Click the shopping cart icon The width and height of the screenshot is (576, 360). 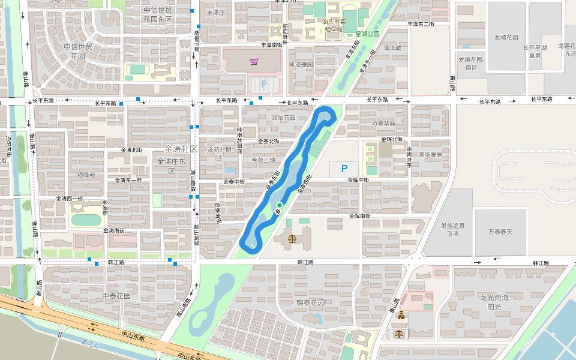click(254, 62)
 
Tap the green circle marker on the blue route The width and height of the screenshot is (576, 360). click(280, 205)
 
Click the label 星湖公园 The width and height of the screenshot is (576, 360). click(368, 34)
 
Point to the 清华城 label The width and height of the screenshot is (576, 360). click(391, 48)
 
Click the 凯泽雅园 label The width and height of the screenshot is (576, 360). click(301, 64)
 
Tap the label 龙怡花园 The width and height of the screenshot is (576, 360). click(283, 118)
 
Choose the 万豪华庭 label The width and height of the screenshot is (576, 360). click(384, 123)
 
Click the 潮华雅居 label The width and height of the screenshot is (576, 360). click(430, 154)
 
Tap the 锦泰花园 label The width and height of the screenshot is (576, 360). click(310, 302)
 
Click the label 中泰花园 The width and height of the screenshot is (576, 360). click(116, 296)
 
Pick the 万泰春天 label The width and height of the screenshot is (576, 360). click(500, 231)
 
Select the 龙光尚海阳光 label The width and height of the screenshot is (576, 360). click(494, 302)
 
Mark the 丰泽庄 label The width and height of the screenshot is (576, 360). click(215, 12)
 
